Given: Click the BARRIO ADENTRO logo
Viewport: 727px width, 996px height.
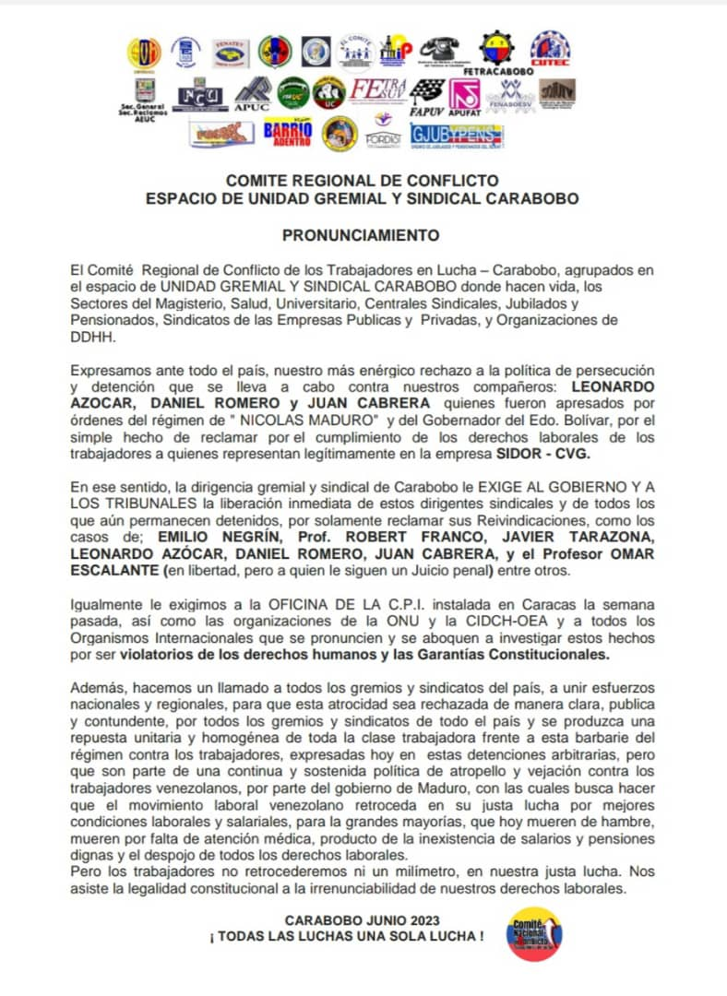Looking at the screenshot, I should pyautogui.click(x=287, y=133).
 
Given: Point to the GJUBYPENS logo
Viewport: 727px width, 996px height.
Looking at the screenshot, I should pyautogui.click(x=457, y=135).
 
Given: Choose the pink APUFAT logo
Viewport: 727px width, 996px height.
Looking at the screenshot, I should pyautogui.click(x=464, y=95).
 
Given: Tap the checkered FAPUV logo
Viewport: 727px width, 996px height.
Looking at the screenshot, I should pyautogui.click(x=426, y=94).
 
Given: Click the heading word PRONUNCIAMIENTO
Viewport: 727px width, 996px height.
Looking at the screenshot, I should pyautogui.click(x=361, y=235).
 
